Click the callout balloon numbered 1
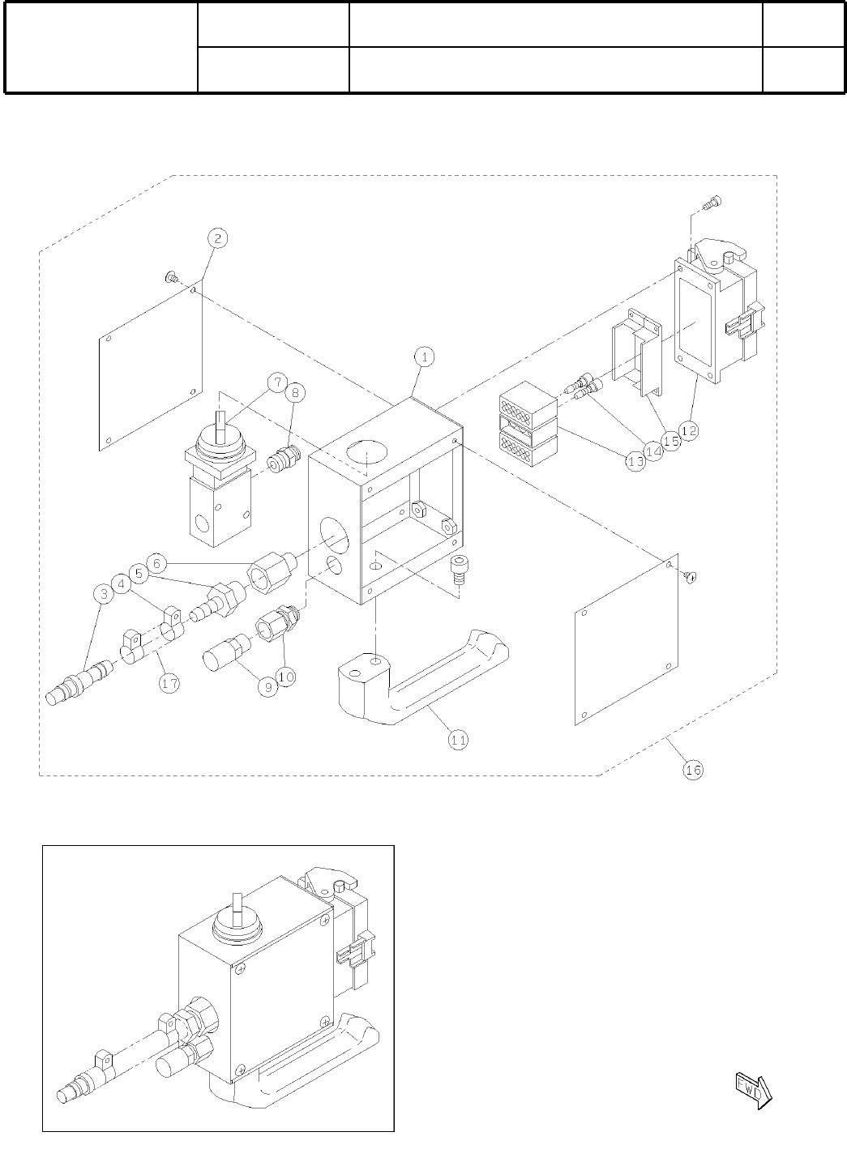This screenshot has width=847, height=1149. point(424,356)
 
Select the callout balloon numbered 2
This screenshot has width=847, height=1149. point(218,237)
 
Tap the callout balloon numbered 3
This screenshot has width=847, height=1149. point(103,594)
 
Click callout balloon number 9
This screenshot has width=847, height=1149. point(267,685)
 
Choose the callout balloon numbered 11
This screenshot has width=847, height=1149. point(458,739)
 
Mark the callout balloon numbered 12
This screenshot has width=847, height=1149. point(689,432)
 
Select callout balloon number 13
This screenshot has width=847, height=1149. point(635,460)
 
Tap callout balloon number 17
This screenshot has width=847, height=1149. point(169,683)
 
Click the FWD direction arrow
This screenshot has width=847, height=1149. point(753,1088)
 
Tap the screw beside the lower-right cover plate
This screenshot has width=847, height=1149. point(691,576)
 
